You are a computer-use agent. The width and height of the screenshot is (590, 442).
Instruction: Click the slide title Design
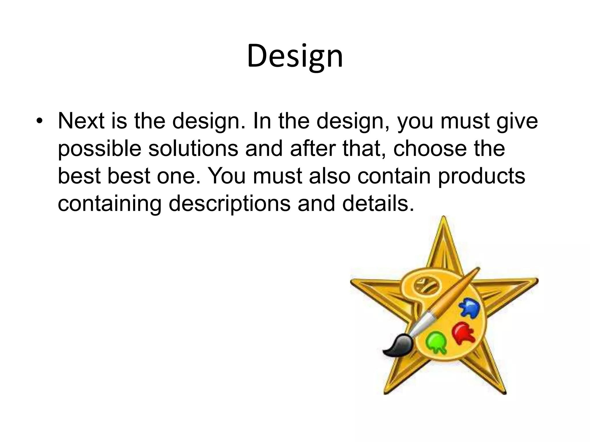click(x=295, y=56)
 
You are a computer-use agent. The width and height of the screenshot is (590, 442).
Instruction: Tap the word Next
click(x=81, y=121)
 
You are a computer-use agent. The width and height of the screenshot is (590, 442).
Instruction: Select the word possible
click(x=99, y=149)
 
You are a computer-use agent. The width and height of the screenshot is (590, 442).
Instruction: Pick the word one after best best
click(x=178, y=176)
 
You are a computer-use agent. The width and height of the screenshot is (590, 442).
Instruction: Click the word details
click(x=378, y=204)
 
